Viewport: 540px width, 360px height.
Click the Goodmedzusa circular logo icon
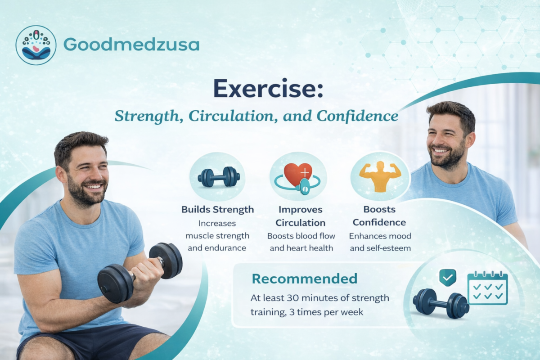click(36, 45)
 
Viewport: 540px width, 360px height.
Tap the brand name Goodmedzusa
click(131, 45)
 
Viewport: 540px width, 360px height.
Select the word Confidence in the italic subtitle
click(358, 116)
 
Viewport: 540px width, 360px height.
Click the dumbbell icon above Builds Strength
click(218, 176)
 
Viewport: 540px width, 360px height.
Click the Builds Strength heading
click(218, 209)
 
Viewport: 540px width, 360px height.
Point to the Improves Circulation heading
click(301, 216)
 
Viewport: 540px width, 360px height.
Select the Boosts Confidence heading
click(379, 216)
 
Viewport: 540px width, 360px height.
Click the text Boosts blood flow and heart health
click(300, 242)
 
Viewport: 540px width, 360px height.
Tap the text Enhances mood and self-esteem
click(380, 242)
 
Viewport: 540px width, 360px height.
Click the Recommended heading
click(304, 279)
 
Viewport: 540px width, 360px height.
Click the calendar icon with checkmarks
click(487, 288)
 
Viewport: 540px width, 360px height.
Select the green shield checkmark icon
click(447, 278)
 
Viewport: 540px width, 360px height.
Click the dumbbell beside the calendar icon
click(441, 303)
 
